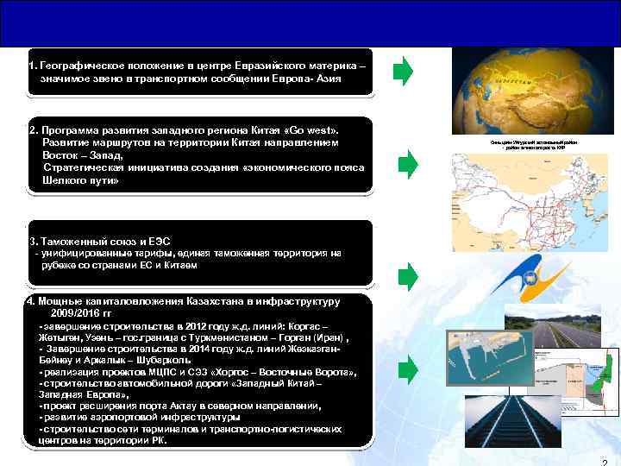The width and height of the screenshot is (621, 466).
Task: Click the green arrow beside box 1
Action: [x=404, y=72]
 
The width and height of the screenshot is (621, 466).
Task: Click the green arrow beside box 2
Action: [x=407, y=162]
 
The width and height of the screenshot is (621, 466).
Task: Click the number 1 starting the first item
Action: [x=30, y=65]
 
